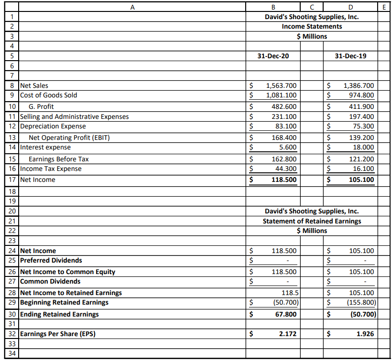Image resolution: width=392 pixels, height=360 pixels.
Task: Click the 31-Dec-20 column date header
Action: pyautogui.click(x=272, y=56)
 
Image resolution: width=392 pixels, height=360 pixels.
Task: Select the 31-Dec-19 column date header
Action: pyautogui.click(x=351, y=56)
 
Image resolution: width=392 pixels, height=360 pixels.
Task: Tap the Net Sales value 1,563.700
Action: pyautogui.click(x=281, y=86)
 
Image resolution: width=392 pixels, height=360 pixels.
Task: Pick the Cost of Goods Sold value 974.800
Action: pyautogui.click(x=359, y=95)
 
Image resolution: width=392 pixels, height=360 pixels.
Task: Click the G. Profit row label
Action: pyautogui.click(x=41, y=106)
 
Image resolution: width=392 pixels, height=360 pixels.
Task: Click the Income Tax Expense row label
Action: pyautogui.click(x=51, y=169)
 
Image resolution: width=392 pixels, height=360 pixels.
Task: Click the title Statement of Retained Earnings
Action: pyautogui.click(x=312, y=221)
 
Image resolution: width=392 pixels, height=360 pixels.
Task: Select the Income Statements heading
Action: pyautogui.click(x=312, y=26)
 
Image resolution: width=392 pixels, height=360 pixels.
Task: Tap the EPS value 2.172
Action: pyautogui.click(x=287, y=334)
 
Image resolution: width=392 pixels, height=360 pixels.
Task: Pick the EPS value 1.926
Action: pyautogui.click(x=365, y=334)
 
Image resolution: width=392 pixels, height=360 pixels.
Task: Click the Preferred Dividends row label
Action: pyautogui.click(x=51, y=260)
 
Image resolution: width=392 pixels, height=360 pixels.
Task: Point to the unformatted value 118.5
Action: pyautogui.click(x=290, y=293)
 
